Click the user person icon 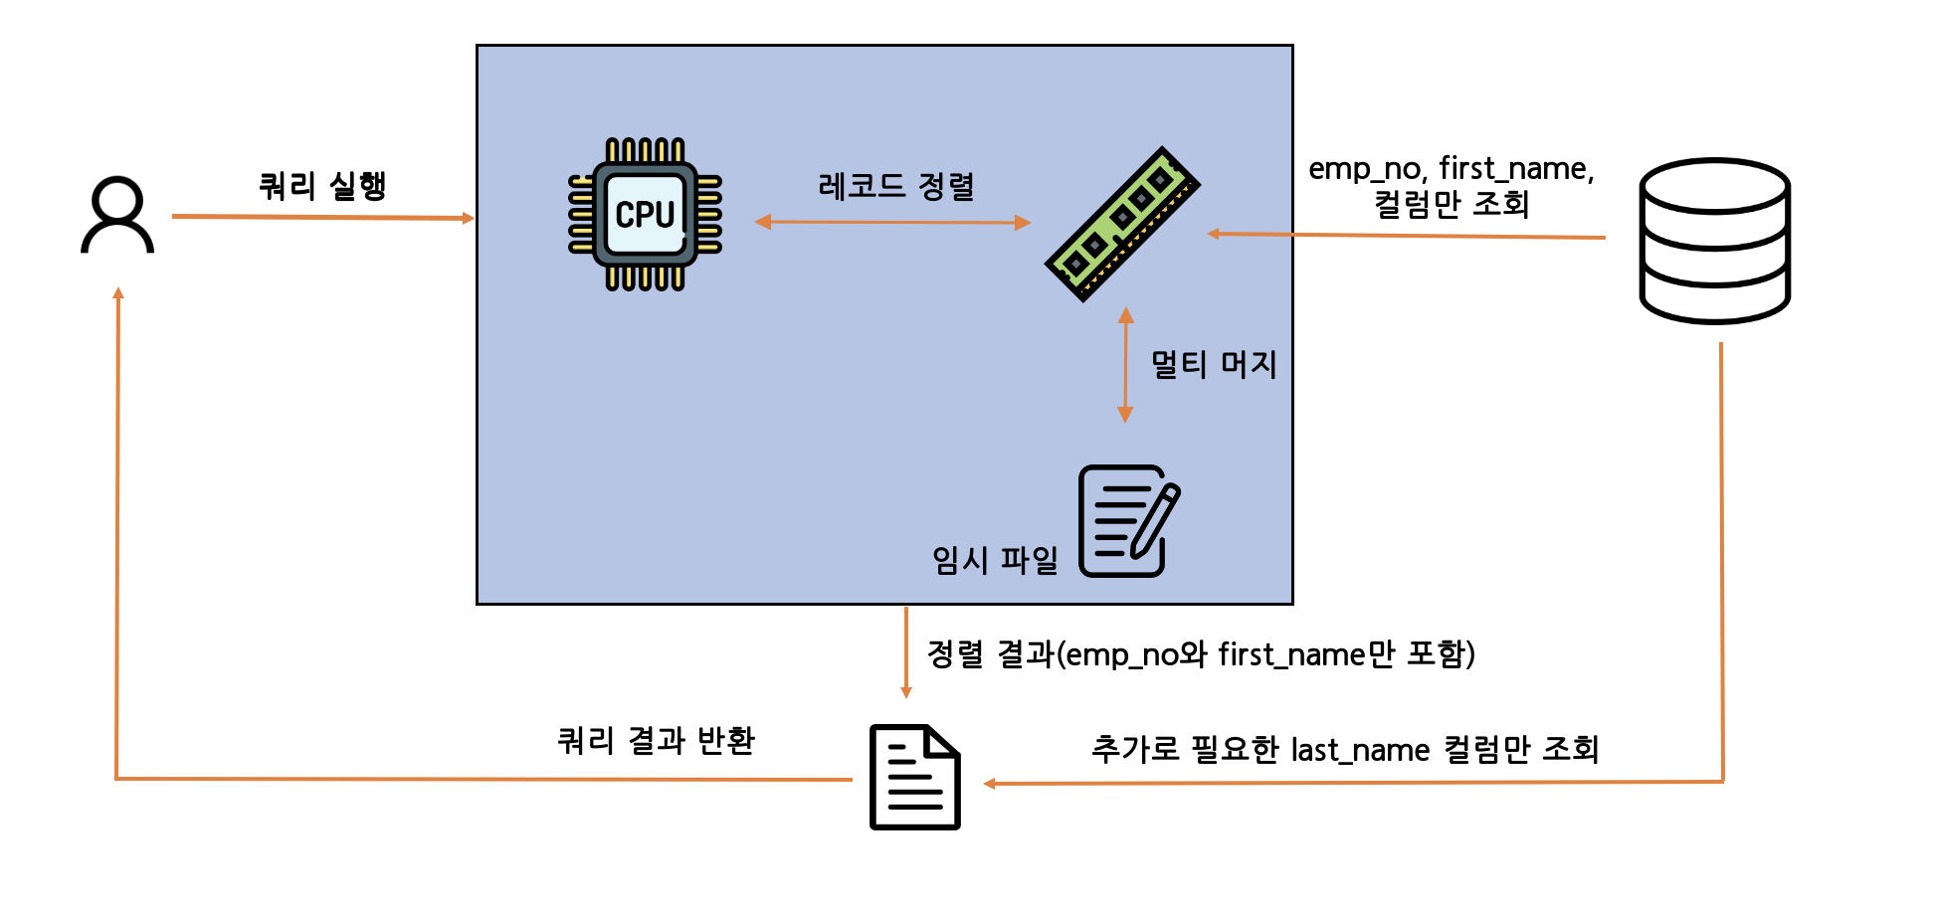pyautogui.click(x=117, y=216)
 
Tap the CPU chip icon pyautogui.click(x=645, y=214)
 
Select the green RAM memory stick pyautogui.click(x=1122, y=224)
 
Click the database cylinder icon pyautogui.click(x=1714, y=241)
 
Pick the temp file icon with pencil pyautogui.click(x=1127, y=520)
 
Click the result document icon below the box pyautogui.click(x=914, y=777)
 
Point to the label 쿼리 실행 pyautogui.click(x=322, y=186)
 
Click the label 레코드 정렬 pyautogui.click(x=895, y=186)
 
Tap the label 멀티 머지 pyautogui.click(x=1213, y=364)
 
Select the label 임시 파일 pyautogui.click(x=994, y=560)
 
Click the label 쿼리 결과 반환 pyautogui.click(x=656, y=741)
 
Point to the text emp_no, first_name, pyautogui.click(x=1451, y=169)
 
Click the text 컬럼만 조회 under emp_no pyautogui.click(x=1451, y=205)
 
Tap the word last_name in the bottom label pyautogui.click(x=1360, y=750)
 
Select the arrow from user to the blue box pyautogui.click(x=322, y=217)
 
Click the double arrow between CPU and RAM pyautogui.click(x=892, y=222)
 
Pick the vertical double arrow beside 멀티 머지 pyautogui.click(x=1125, y=364)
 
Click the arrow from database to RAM pyautogui.click(x=1405, y=236)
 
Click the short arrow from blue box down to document pyautogui.click(x=905, y=652)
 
